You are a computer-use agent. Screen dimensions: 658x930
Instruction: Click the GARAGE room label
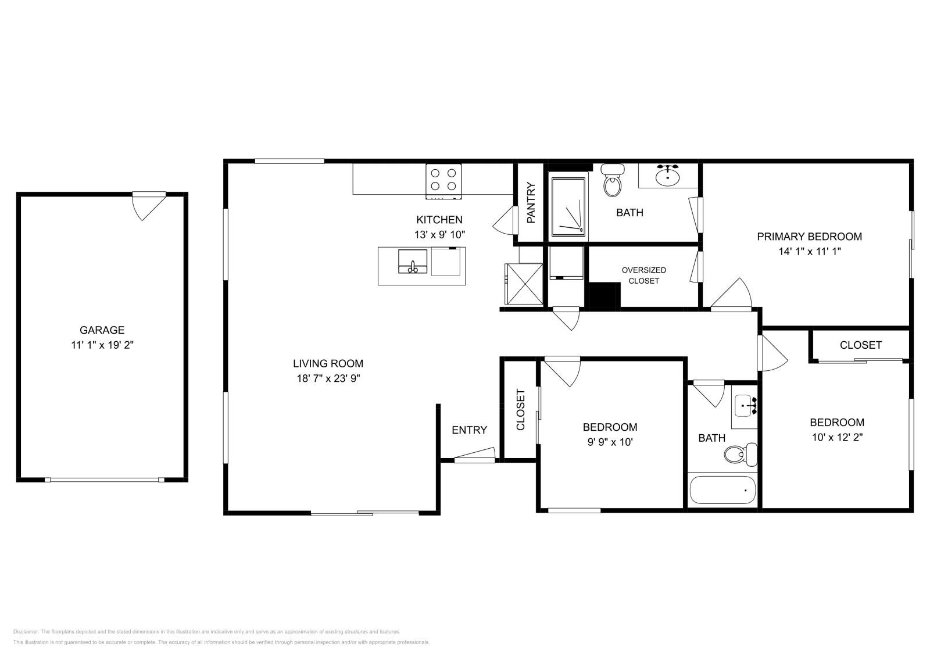tap(102, 330)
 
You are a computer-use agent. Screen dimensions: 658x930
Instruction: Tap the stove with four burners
tap(443, 181)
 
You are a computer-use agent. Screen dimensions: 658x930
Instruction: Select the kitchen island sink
tap(413, 261)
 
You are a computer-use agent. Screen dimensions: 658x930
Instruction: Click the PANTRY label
tap(531, 203)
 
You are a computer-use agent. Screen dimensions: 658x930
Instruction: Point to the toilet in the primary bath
tap(611, 181)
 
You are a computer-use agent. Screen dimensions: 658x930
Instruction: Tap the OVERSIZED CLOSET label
tap(643, 276)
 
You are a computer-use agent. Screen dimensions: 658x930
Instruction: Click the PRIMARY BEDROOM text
tap(809, 237)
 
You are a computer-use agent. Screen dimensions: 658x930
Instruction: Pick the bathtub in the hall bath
tap(722, 491)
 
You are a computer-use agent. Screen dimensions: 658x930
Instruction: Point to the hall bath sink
tap(744, 406)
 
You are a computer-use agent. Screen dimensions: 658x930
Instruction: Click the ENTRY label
tap(469, 430)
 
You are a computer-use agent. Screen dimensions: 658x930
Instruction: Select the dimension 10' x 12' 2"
tap(837, 438)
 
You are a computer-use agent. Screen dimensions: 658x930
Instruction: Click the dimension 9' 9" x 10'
tap(610, 442)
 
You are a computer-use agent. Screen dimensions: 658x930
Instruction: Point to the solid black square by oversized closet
tap(604, 295)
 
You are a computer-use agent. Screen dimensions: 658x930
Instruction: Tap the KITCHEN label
tap(439, 220)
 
